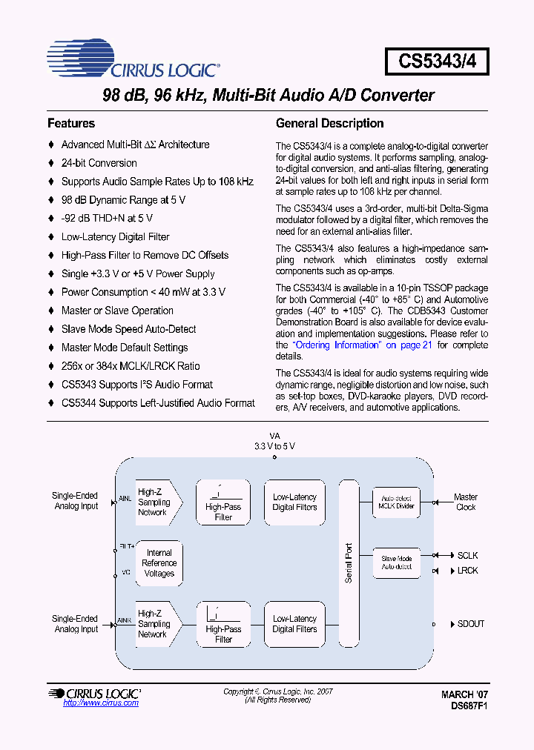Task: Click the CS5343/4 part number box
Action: [436, 62]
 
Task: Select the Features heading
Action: [71, 124]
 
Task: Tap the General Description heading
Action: [329, 124]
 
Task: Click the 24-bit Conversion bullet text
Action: [99, 163]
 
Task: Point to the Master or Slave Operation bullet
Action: [117, 311]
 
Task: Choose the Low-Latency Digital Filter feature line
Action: [115, 237]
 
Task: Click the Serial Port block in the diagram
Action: [349, 563]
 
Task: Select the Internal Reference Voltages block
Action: [159, 563]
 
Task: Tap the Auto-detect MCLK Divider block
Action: [396, 502]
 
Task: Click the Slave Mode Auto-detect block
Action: [396, 562]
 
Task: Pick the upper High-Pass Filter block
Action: [223, 502]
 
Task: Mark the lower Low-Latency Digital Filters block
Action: [294, 624]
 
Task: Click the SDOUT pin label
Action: [470, 624]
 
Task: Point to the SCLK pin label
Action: [467, 555]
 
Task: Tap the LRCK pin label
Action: [467, 571]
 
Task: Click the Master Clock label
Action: [466, 502]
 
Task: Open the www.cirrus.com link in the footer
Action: [101, 703]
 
